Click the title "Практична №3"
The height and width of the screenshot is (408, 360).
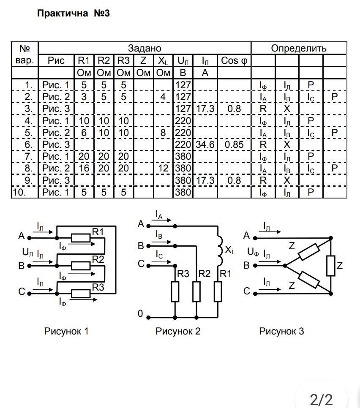coord(74,13)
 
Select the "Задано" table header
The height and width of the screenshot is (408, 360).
coord(145,48)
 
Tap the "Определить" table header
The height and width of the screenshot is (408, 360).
coord(299,48)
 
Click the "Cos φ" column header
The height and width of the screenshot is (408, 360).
coord(234,60)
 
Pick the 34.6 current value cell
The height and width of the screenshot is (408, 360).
coord(205,145)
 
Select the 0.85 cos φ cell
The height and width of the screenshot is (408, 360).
coord(234,145)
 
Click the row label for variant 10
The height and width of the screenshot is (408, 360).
coord(25,193)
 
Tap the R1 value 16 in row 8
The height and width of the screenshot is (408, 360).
coord(84,169)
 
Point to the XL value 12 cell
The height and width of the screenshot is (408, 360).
coord(163,169)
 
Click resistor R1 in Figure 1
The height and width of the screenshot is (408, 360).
coord(80,238)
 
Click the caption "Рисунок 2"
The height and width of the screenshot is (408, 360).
coord(178,331)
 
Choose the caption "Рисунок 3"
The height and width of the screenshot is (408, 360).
coord(281,331)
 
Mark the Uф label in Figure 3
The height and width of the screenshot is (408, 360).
coord(253,253)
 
